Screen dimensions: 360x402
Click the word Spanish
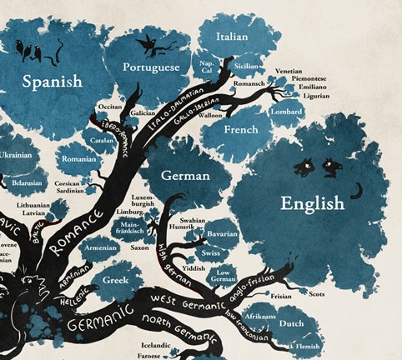[52, 82]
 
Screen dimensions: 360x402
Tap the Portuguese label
[151, 67]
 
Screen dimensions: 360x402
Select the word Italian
[232, 37]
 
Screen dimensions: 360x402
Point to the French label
[240, 130]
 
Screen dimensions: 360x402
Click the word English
[312, 202]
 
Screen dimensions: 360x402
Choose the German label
[185, 176]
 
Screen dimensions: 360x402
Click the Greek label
[115, 280]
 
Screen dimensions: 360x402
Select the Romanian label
[78, 158]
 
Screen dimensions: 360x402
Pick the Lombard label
[286, 111]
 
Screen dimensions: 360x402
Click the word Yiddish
[193, 267]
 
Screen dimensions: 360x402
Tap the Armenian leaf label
[101, 247]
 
